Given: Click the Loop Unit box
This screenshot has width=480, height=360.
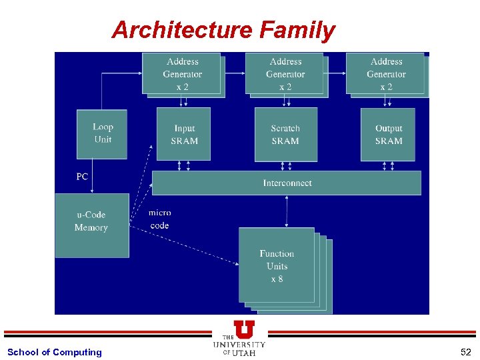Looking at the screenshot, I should pos(102,134).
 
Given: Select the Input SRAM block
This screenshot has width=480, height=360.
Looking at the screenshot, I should pos(183,134).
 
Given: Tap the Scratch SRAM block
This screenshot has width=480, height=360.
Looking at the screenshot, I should pos(285,134).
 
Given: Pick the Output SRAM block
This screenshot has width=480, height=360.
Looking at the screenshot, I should pos(387,134).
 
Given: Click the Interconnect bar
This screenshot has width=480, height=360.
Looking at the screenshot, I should pos(287,183).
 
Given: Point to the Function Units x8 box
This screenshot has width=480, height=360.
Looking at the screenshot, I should pos(277,265).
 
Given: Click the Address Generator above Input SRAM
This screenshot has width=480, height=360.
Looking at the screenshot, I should pos(182,74).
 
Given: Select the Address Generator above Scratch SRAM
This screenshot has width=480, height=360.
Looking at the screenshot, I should pos(285,74).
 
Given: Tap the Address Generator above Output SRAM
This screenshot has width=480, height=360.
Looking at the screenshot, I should pos(385,74).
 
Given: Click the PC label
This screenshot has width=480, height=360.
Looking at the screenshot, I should pos(82,177).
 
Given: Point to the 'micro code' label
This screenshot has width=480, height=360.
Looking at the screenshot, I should pos(160,219).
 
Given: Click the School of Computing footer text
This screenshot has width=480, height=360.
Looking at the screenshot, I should pos(55,352).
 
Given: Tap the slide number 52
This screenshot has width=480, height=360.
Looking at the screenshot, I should pos(465,352).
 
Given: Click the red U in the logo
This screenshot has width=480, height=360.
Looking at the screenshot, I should pos(244,329).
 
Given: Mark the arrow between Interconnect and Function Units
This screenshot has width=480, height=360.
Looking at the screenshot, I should pos(287,211).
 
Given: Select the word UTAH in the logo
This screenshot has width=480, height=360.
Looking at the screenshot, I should pos(245,353).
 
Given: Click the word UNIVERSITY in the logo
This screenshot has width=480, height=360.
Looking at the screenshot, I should pos(239,345).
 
